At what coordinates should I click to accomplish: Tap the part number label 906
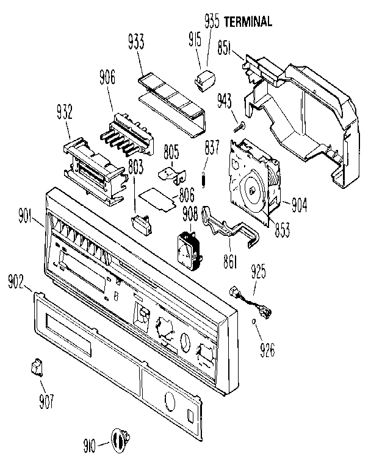(x=107, y=77)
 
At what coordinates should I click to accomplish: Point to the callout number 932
(x=64, y=112)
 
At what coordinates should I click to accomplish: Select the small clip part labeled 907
(x=36, y=367)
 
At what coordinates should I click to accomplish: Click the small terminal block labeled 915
(x=203, y=78)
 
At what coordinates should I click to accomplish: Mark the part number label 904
(x=297, y=205)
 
